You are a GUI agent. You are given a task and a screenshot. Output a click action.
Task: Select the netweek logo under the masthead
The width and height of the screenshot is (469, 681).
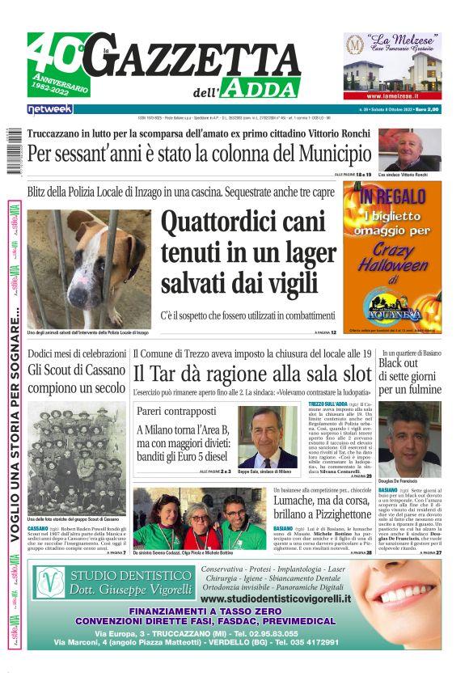click(x=50, y=108)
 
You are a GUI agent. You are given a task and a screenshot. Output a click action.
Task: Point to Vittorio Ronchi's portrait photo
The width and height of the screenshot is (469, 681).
click(x=409, y=150)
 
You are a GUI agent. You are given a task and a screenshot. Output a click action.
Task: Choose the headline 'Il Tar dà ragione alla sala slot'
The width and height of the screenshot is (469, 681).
click(x=252, y=374)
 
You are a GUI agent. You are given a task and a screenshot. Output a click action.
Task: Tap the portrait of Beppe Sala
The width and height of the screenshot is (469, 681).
click(x=268, y=436)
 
